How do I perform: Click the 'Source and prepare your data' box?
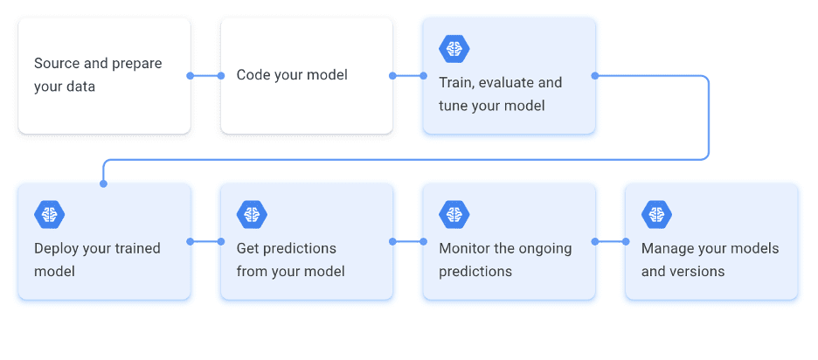pyautogui.click(x=104, y=76)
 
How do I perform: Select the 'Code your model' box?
pyautogui.click(x=306, y=76)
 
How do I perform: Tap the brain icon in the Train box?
pyautogui.click(x=454, y=48)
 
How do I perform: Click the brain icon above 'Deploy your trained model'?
pyautogui.click(x=50, y=213)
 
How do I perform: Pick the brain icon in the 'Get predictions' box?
pyautogui.click(x=252, y=213)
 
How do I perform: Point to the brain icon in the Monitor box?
pyautogui.click(x=454, y=213)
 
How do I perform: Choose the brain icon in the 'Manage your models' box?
pyautogui.click(x=656, y=213)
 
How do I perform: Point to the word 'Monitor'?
pyautogui.click(x=465, y=248)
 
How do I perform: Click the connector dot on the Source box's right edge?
pyautogui.click(x=191, y=76)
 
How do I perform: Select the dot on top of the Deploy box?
pyautogui.click(x=103, y=183)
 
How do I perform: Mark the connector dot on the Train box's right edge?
pyautogui.click(x=595, y=76)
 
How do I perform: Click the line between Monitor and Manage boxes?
pyautogui.click(x=611, y=241)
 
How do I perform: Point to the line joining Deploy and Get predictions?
pyautogui.click(x=205, y=241)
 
